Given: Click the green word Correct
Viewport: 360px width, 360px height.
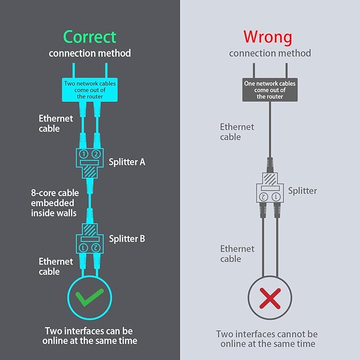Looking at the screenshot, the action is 90,37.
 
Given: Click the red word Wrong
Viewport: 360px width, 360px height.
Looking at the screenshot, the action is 268,38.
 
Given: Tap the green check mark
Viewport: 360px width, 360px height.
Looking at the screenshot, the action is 90,297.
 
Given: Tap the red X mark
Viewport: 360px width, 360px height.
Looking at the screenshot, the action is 270,298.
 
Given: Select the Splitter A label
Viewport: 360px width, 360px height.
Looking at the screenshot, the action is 127,162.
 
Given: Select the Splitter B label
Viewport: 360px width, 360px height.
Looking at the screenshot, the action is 127,239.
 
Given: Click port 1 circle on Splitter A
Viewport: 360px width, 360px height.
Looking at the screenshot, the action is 84,154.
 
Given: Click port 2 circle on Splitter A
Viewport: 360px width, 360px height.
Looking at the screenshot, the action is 96,154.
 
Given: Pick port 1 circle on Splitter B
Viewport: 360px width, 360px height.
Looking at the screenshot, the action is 83,248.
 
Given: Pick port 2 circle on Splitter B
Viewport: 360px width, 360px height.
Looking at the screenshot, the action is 96,248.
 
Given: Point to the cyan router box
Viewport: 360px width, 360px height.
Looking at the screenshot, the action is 90,90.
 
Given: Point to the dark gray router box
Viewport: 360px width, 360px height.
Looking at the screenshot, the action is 270,90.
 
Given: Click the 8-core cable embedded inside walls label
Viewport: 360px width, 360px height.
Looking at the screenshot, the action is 55,203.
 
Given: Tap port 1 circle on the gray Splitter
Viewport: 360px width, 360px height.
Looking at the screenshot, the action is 276,197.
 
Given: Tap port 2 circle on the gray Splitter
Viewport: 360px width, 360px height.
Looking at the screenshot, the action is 264,197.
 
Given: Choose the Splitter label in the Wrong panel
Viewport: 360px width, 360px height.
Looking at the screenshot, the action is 302,191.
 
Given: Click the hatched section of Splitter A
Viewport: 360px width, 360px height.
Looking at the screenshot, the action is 90,171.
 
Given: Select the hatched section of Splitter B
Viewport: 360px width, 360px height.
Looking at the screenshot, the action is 90,230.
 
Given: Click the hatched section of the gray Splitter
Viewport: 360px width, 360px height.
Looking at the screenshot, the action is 270,179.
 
